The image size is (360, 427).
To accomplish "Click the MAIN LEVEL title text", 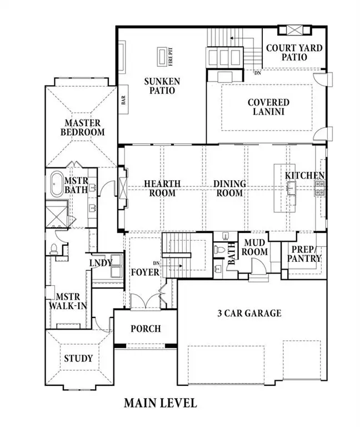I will tap(160, 403).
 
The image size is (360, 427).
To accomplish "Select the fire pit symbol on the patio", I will tap(163, 56).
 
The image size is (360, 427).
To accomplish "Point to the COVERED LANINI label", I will tap(268, 107).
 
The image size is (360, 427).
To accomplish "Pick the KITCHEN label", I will tap(304, 176).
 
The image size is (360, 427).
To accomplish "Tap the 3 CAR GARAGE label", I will tap(249, 313).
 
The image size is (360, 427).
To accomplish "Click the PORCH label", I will tap(145, 329).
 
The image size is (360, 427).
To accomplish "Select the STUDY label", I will tap(78, 358).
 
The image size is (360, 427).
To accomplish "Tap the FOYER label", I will tap(145, 272).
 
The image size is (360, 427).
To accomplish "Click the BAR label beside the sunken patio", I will tap(123, 101).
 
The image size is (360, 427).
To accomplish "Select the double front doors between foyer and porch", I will tap(145, 301).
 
